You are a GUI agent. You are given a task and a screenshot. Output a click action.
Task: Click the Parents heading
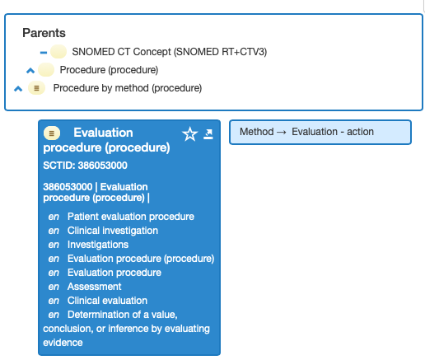tap(44, 33)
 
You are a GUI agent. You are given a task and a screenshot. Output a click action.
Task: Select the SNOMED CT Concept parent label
tap(170, 52)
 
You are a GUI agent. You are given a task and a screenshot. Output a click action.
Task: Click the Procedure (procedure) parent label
tap(109, 70)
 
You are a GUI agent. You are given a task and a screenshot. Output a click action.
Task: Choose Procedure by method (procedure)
tap(128, 88)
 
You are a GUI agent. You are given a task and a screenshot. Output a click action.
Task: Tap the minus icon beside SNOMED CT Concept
tap(44, 52)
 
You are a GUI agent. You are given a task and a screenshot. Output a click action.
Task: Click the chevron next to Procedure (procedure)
tap(30, 71)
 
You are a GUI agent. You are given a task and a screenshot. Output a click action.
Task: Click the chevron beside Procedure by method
tap(18, 89)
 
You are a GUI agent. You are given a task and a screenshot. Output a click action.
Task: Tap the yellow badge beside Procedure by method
tap(36, 88)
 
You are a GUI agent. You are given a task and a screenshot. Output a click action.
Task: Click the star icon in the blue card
tap(189, 134)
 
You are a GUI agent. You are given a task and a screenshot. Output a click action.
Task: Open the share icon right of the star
tap(208, 134)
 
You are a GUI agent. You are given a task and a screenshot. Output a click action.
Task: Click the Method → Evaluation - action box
tap(320, 132)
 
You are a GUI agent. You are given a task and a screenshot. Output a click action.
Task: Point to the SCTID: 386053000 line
tap(85, 166)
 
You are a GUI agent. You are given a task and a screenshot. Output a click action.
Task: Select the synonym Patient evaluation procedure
tap(131, 217)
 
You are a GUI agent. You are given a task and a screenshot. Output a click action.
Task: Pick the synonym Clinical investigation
tap(113, 231)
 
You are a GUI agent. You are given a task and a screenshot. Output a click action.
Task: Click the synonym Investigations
tap(98, 245)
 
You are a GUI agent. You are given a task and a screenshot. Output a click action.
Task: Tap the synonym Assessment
tap(94, 287)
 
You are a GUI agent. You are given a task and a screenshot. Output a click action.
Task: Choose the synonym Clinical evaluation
tap(107, 301)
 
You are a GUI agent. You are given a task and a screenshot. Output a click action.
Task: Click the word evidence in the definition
tap(63, 343)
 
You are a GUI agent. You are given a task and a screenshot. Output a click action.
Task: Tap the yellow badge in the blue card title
tap(52, 133)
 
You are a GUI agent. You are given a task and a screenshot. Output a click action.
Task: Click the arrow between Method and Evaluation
tap(282, 133)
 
